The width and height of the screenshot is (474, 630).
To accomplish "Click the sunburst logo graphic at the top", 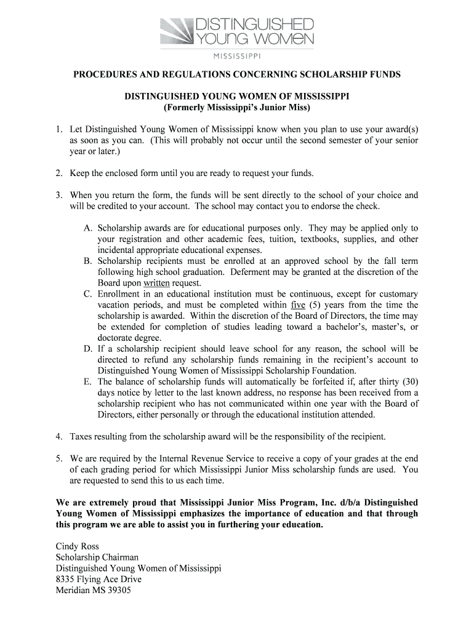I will pyautogui.click(x=177, y=31).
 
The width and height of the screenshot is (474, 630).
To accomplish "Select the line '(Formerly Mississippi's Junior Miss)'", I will pyautogui.click(x=237, y=108).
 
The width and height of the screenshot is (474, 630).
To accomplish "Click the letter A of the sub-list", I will pyautogui.click(x=87, y=228).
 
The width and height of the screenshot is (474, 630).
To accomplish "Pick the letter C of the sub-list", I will pyautogui.click(x=87, y=294).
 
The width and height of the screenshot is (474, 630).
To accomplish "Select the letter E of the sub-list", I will pyautogui.click(x=87, y=382).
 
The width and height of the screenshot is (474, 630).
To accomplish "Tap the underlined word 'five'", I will pyautogui.click(x=297, y=305).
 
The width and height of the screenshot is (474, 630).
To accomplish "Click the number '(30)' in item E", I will pyautogui.click(x=408, y=382).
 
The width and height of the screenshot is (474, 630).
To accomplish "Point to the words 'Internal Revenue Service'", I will pyautogui.click(x=208, y=459).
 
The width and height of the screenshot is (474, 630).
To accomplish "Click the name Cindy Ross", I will pyautogui.click(x=77, y=546).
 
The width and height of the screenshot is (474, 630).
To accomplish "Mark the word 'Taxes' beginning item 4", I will pyautogui.click(x=81, y=437).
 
